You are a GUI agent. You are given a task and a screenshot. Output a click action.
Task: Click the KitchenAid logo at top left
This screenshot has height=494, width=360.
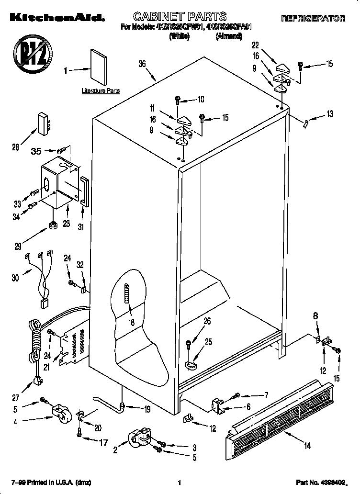pyautogui.click(x=53, y=19)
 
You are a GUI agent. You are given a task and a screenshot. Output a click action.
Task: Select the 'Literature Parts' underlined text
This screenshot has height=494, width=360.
pyautogui.click(x=101, y=90)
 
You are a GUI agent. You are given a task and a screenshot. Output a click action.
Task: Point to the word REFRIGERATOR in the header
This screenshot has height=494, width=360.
pyautogui.click(x=313, y=19)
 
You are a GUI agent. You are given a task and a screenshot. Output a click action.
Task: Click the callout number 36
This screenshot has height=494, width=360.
pyautogui.click(x=142, y=63)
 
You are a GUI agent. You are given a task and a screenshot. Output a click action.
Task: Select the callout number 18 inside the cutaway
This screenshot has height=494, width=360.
pyautogui.click(x=131, y=322)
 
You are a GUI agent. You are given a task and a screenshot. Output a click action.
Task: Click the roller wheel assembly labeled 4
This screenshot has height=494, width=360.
pyautogui.click(x=60, y=413)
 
